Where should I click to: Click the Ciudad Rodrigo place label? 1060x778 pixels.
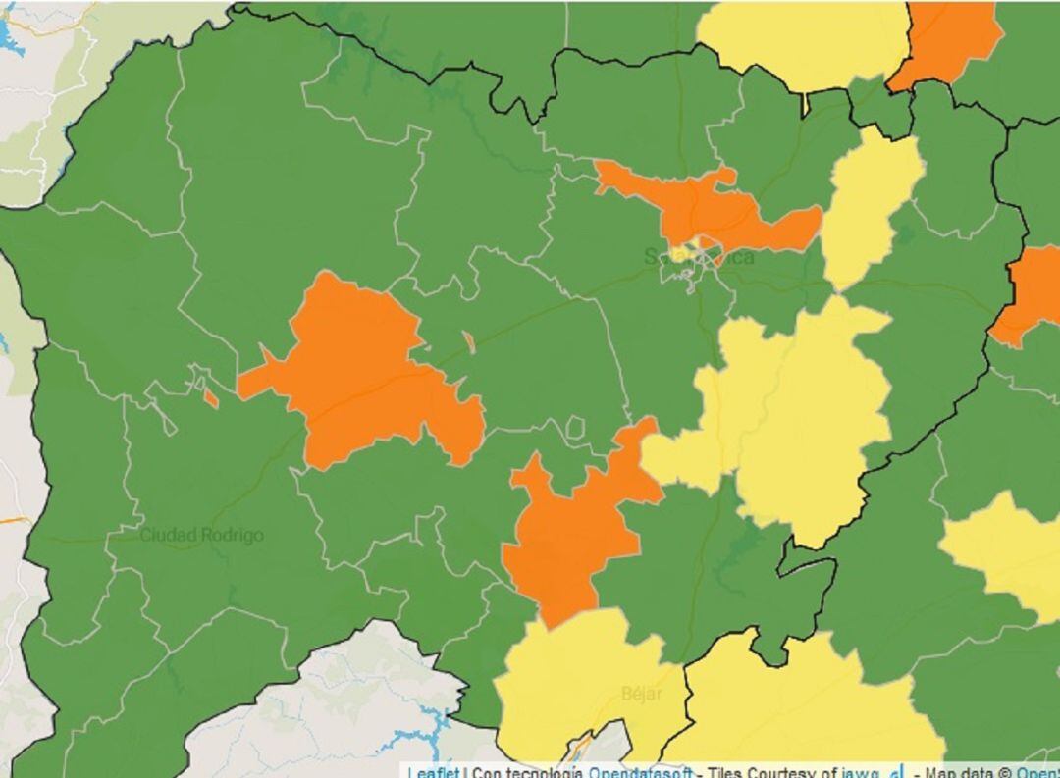tap(201, 536)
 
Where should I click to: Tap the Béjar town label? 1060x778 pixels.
tap(642, 694)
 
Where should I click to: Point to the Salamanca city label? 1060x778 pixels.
tap(699, 257)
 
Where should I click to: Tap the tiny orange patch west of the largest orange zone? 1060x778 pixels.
tap(210, 397)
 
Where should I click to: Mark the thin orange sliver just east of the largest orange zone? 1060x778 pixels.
tap(469, 342)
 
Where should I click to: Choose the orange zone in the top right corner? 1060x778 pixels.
tap(947, 39)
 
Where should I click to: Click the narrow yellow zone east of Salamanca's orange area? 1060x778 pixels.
tap(869, 206)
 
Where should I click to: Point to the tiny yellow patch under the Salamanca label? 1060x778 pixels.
tap(693, 245)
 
